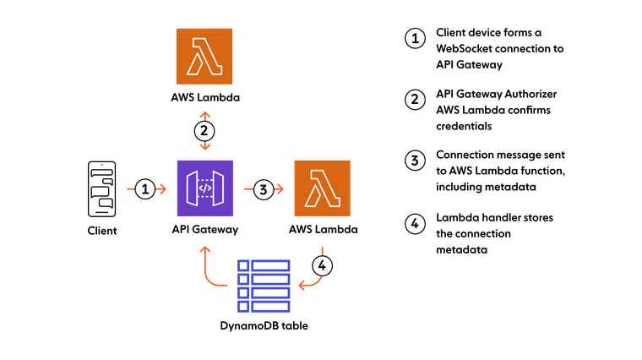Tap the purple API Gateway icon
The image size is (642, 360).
pyautogui.click(x=204, y=188)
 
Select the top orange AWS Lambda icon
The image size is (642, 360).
pyautogui.click(x=204, y=56)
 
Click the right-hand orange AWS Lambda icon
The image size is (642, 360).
pyautogui.click(x=321, y=188)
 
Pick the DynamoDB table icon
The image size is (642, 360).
pyautogui.click(x=263, y=286)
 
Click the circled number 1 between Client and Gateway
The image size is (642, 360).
pyautogui.click(x=145, y=189)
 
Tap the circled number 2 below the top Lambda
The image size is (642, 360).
pyautogui.click(x=204, y=131)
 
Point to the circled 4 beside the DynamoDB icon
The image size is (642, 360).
pyautogui.click(x=321, y=265)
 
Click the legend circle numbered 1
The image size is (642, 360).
pyautogui.click(x=413, y=39)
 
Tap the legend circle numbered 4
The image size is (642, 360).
pyautogui.click(x=413, y=224)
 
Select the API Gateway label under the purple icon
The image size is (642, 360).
pyautogui.click(x=204, y=230)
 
